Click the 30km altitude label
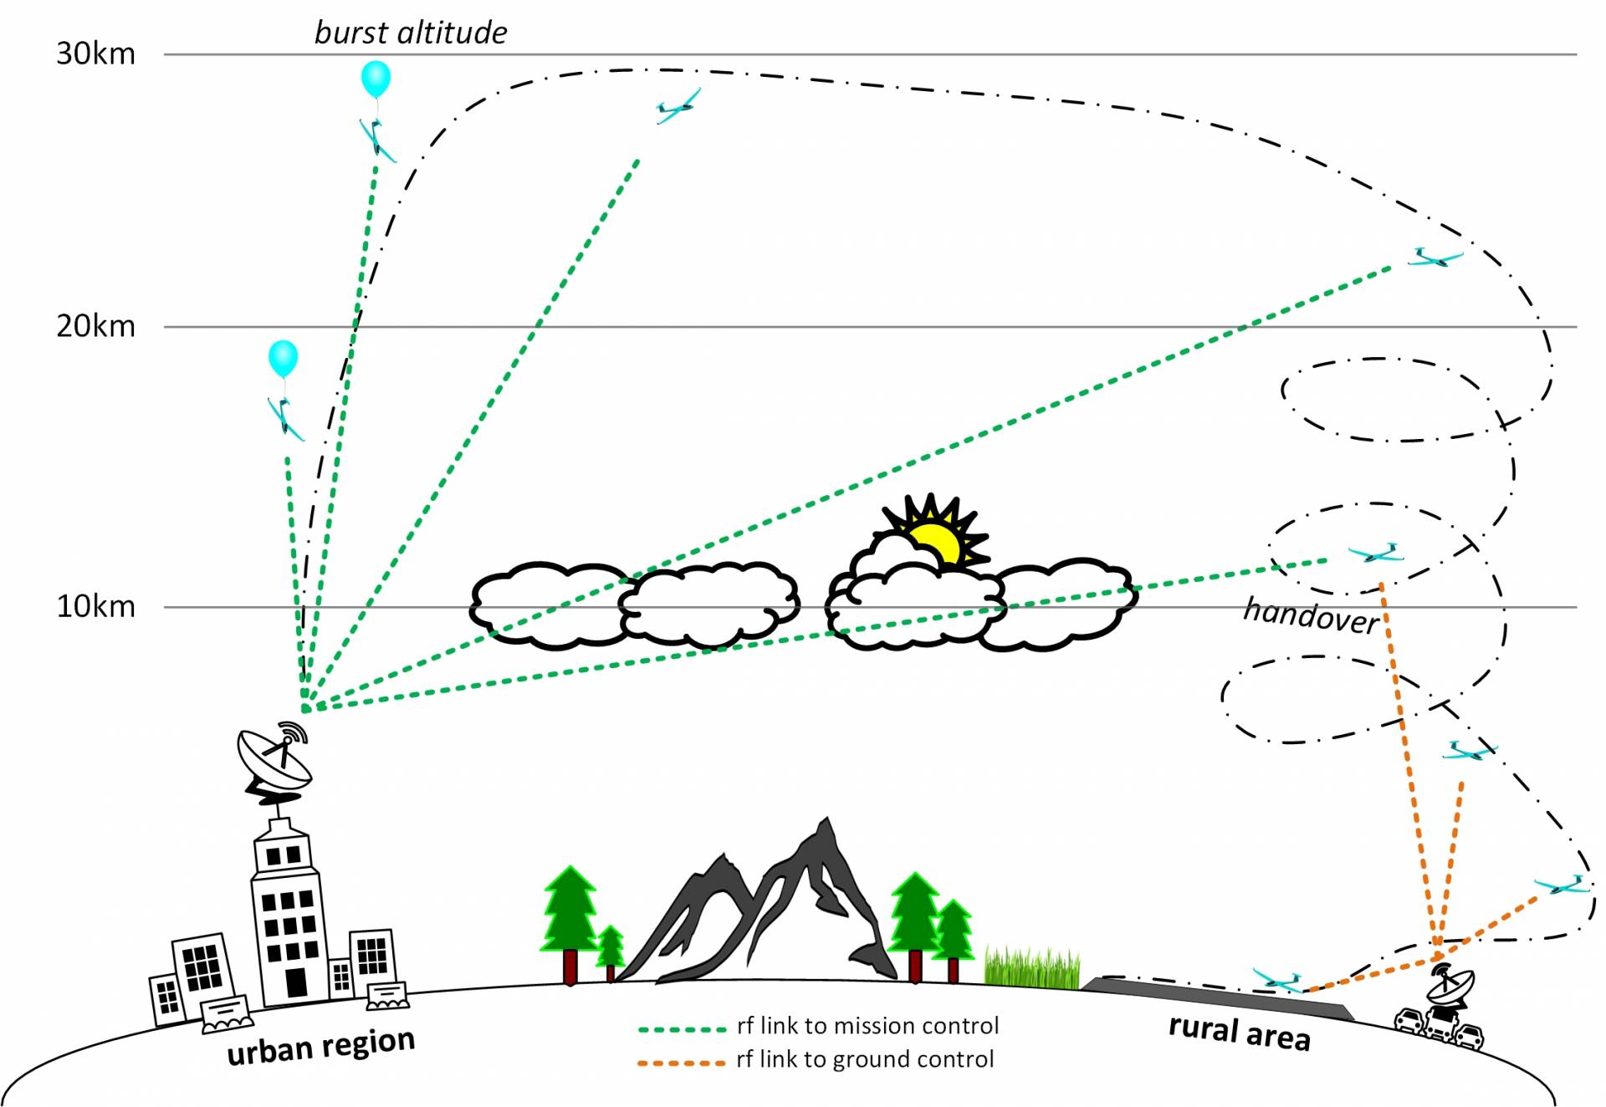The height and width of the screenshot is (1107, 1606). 95,54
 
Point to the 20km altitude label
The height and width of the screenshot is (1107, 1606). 95,325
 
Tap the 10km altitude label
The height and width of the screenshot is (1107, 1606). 95,605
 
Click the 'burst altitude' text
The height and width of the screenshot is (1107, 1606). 410,33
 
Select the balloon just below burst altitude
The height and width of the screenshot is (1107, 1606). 376,79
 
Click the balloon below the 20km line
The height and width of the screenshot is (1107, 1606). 283,358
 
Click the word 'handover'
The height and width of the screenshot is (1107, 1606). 1311,615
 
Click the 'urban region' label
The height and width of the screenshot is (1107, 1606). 321,1045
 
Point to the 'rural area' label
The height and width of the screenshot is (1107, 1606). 1239,1032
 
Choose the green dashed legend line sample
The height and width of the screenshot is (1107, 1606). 681,1028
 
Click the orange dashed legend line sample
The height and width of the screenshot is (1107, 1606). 681,1063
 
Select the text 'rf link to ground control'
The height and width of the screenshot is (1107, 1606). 865,1059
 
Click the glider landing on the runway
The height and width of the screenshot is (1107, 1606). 1277,980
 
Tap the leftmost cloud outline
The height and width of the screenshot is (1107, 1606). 548,604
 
